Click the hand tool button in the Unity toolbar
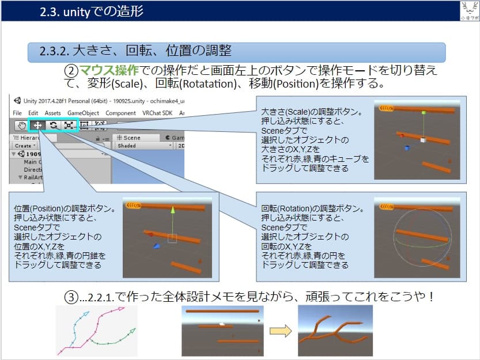point(22,124)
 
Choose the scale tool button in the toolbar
point(68,124)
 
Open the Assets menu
point(52,113)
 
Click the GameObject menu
point(83,113)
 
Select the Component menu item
point(120,113)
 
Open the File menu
point(17,113)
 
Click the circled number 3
point(70,298)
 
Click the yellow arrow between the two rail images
point(279,331)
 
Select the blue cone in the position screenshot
point(156,246)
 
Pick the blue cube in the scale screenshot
point(407,148)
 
